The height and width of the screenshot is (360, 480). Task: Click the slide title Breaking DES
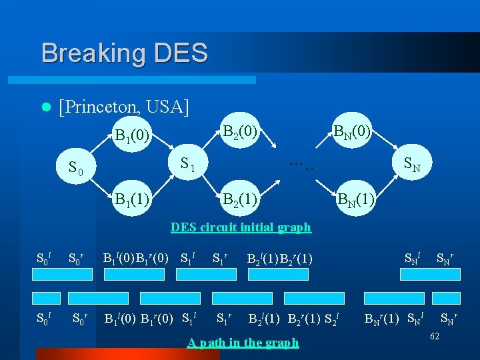[x=124, y=53]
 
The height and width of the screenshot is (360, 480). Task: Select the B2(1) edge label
[x=240, y=199]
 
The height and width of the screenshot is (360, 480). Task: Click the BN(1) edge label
[x=356, y=199]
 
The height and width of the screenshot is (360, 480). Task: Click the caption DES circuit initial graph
[x=241, y=227]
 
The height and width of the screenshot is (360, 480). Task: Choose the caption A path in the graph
[x=243, y=343]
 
